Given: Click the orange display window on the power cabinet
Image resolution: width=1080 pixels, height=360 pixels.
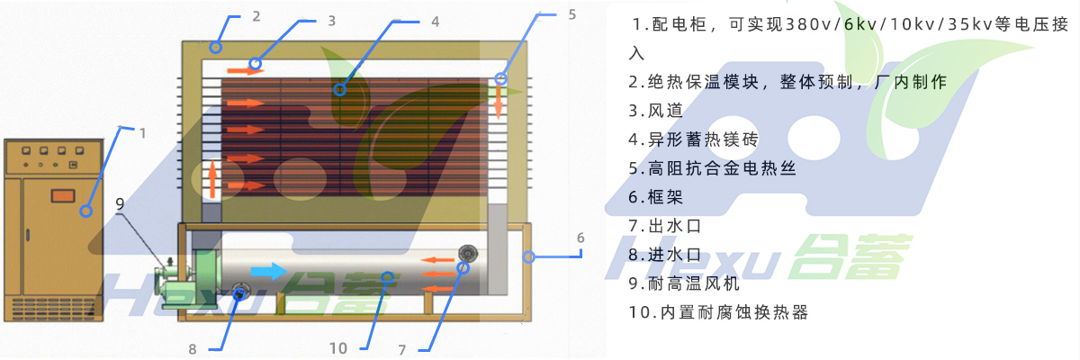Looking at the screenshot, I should pyautogui.click(x=63, y=194).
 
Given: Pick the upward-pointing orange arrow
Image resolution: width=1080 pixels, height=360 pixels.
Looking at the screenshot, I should pyautogui.click(x=212, y=177).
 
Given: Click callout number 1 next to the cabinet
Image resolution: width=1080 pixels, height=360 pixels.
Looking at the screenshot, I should pyautogui.click(x=142, y=133).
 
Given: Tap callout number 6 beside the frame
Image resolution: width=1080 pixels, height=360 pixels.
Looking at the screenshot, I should pyautogui.click(x=580, y=238).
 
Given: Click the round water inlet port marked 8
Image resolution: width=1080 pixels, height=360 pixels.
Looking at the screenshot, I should pyautogui.click(x=240, y=291).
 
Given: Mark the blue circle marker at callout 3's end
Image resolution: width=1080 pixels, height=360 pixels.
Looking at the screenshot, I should pyautogui.click(x=256, y=64).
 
